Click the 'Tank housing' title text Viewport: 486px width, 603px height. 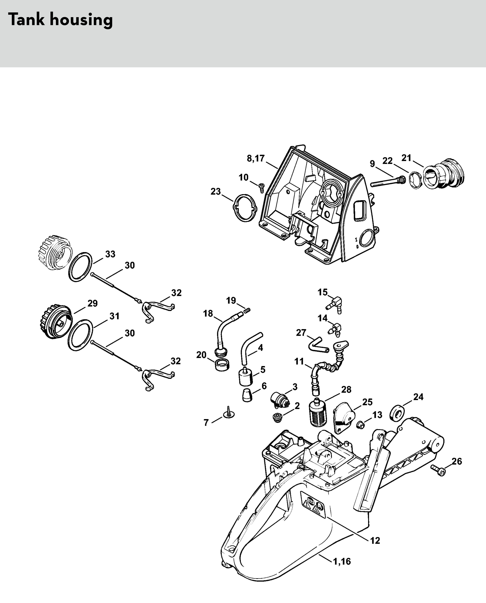click(60, 20)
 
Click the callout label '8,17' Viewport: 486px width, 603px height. click(256, 158)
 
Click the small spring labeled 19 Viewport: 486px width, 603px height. click(247, 310)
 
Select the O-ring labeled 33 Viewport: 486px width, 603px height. click(81, 267)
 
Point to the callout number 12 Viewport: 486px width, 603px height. click(375, 541)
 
